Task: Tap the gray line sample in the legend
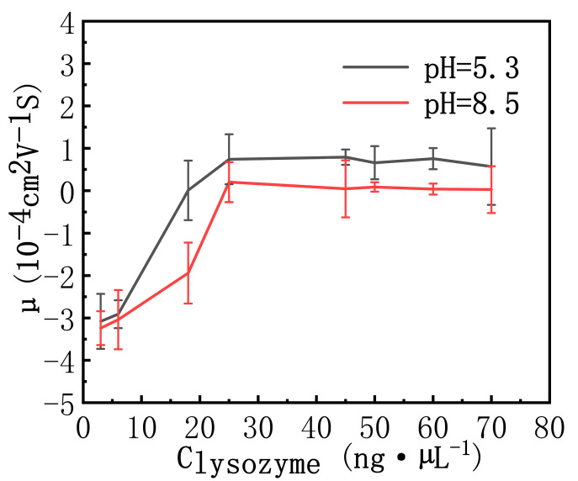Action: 374,66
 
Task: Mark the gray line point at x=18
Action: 188,190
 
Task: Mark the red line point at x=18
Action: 188,272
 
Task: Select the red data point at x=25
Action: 229,182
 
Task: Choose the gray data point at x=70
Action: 491,166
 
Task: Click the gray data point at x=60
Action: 432,158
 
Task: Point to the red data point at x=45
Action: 345,188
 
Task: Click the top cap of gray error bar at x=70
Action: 491,129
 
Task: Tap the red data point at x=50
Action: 374,187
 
